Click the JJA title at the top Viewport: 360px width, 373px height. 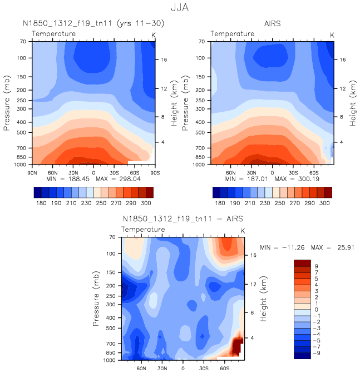(x=180, y=8)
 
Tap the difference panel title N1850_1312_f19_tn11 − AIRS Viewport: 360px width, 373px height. (x=183, y=218)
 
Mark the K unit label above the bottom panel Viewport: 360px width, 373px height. (x=242, y=230)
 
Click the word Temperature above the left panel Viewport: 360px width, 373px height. (x=54, y=34)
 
